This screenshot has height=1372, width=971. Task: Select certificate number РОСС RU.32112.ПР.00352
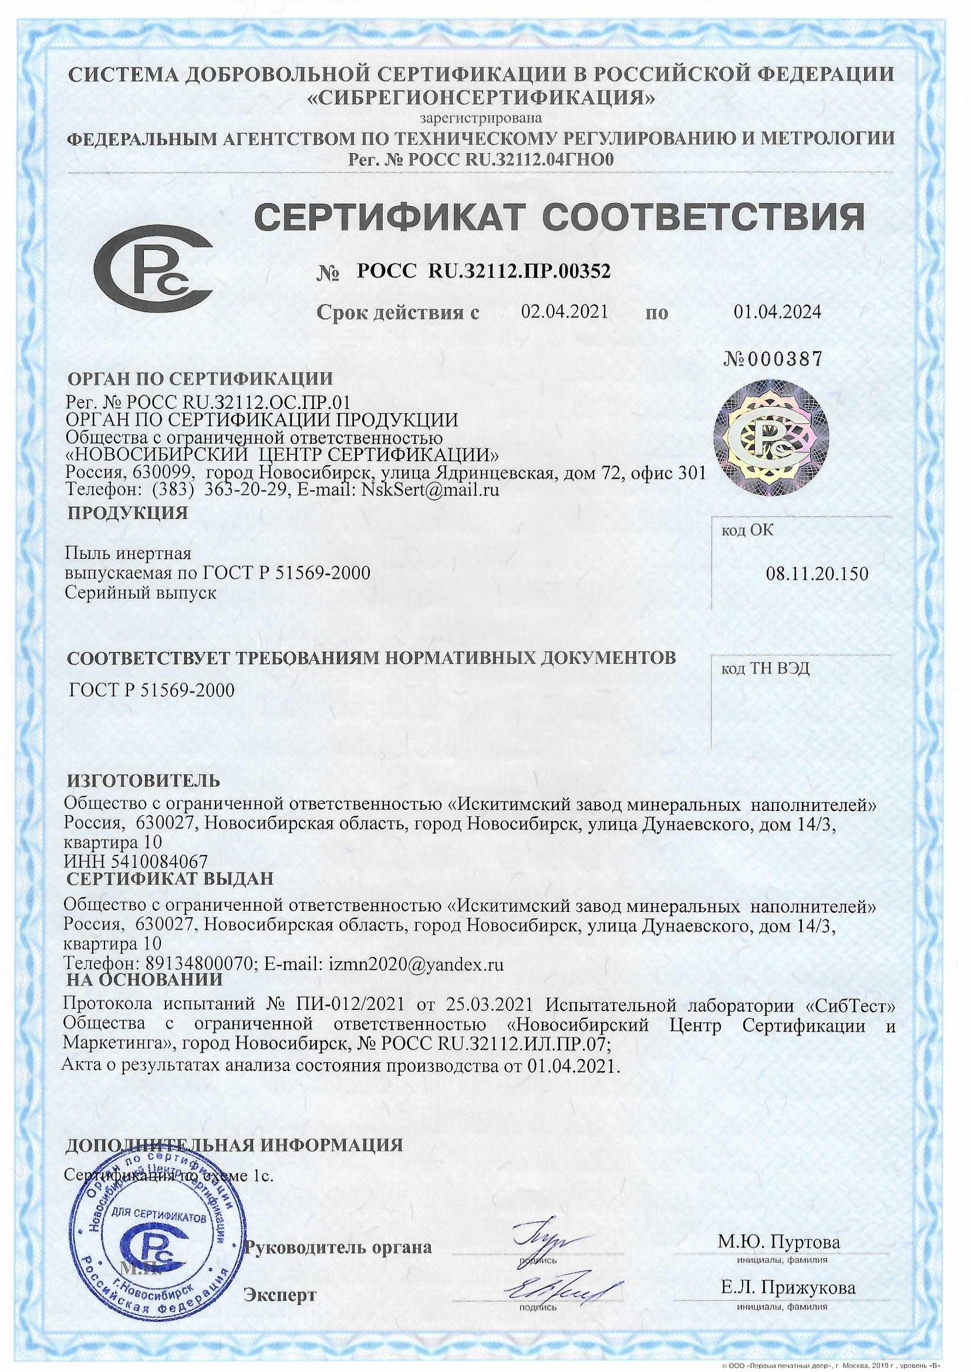click(x=484, y=272)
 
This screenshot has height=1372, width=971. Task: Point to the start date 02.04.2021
click(x=565, y=312)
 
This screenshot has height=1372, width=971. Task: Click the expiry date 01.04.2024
click(x=777, y=312)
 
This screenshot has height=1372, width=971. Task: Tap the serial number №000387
click(x=773, y=359)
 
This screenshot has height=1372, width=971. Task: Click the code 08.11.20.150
click(x=817, y=575)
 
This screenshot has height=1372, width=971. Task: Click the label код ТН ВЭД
click(x=766, y=668)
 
